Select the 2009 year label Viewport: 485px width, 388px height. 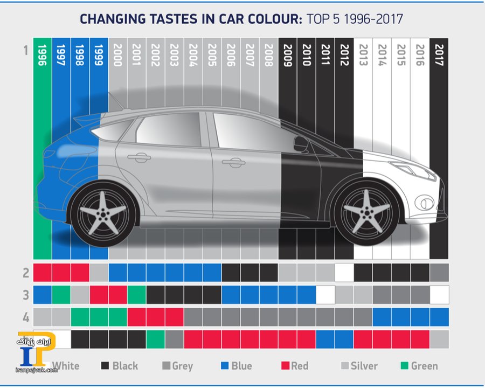click(x=288, y=56)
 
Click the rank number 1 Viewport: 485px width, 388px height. click(x=25, y=51)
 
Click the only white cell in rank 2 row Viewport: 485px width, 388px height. click(x=344, y=273)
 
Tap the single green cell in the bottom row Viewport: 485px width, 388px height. click(x=156, y=339)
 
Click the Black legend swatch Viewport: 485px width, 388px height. click(x=105, y=366)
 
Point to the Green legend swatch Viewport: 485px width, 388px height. click(x=403, y=366)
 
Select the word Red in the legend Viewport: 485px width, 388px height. click(x=300, y=366)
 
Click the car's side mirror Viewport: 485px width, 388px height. click(x=301, y=144)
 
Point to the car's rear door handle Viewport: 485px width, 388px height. click(x=139, y=157)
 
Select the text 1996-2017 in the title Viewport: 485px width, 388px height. click(x=371, y=20)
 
